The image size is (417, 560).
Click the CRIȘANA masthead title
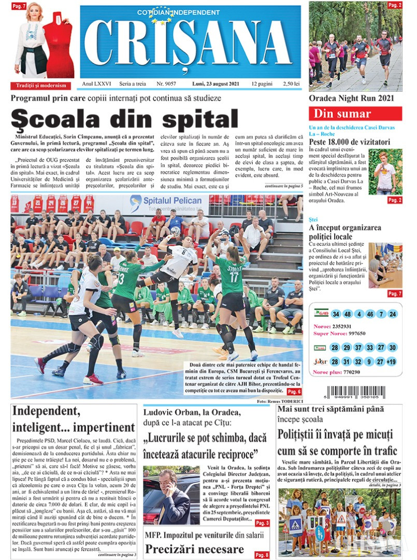190,44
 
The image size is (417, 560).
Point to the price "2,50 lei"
290,83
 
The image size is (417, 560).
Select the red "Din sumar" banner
355,114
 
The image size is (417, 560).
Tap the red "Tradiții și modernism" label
41,86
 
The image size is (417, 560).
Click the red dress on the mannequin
57,44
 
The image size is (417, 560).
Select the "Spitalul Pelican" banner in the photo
166,201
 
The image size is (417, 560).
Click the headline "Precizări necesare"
194,549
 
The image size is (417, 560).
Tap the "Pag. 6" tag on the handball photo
295,391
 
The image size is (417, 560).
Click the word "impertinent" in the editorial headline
104,428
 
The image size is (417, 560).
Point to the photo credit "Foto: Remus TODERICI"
279,402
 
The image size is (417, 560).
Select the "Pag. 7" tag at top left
19,6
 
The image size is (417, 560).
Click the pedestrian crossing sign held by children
295,525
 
